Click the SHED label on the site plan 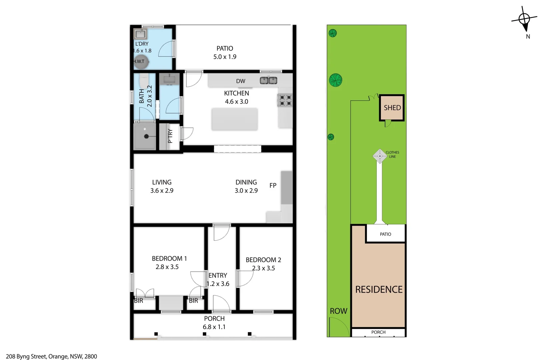(392, 108)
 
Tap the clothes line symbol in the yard (380, 156)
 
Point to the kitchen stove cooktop (285, 100)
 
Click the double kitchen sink (268, 80)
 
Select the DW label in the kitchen (240, 81)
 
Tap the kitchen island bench (234, 119)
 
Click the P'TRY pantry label (170, 136)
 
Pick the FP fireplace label (273, 185)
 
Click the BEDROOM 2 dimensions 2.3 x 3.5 (263, 268)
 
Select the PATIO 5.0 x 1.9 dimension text (225, 57)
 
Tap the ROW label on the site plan (338, 311)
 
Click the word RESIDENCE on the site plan (379, 289)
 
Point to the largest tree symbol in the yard (336, 80)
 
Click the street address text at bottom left (52, 356)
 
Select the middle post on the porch (204, 334)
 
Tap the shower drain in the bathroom (146, 136)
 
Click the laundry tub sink (140, 34)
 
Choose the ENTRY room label (217, 275)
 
